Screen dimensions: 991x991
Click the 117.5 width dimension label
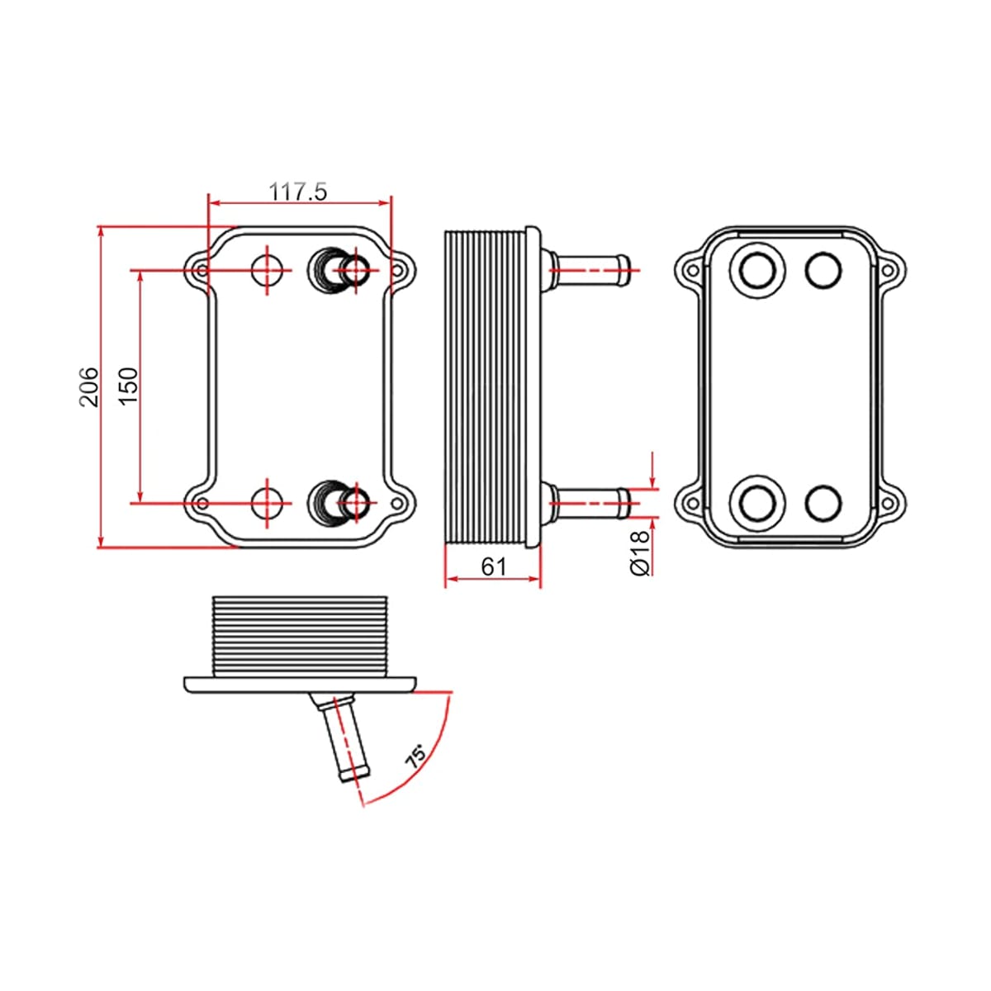[298, 192]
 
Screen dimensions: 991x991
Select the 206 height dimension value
[89, 386]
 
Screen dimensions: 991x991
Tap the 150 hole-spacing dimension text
[129, 386]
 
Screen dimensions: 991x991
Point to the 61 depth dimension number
[494, 567]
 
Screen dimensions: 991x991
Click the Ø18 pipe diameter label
[640, 552]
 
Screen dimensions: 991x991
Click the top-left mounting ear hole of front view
[202, 270]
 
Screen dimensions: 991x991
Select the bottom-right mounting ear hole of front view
[396, 503]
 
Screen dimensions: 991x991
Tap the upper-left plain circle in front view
[268, 270]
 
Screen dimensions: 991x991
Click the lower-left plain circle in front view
[268, 503]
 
